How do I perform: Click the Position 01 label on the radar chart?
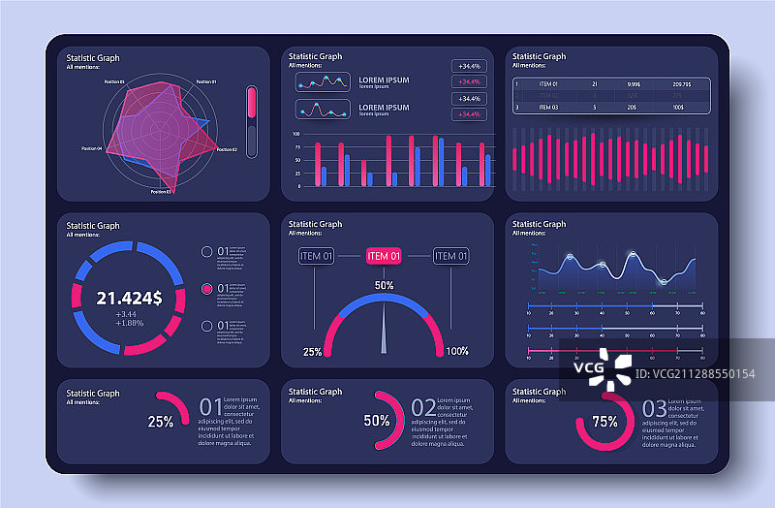pos(205,81)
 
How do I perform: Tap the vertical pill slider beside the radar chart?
pos(252,121)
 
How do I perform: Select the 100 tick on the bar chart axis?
pos(295,134)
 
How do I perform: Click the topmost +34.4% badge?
pos(469,66)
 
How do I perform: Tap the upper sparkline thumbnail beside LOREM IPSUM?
pos(323,82)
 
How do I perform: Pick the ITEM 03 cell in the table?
pos(549,108)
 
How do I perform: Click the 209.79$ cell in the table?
pos(683,85)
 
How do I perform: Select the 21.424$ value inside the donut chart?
pos(129,297)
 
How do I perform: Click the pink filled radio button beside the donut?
pos(205,289)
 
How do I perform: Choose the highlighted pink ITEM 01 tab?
pos(384,256)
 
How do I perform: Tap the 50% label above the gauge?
pos(385,286)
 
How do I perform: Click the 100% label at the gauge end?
pos(457,351)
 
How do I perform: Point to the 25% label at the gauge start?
pos(313,351)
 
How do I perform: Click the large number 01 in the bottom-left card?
pos(210,406)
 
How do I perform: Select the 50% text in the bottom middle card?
pos(377,421)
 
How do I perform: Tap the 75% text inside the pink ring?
pos(605,422)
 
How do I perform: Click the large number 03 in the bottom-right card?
pos(654,407)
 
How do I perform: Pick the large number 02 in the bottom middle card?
pos(423,407)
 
